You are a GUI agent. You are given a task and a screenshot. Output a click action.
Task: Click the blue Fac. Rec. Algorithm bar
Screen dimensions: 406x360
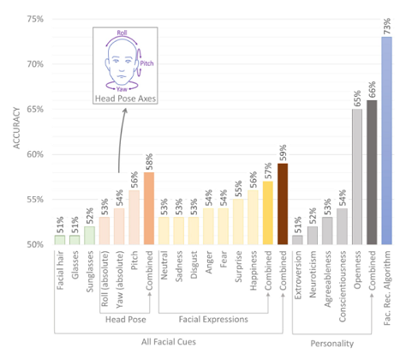[386, 141]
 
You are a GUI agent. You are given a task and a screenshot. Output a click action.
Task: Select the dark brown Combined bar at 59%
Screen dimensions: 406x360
[283, 204]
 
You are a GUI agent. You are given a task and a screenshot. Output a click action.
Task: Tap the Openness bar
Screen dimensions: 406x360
[357, 177]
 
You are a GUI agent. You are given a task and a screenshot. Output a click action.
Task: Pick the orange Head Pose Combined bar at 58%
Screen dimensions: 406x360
[149, 208]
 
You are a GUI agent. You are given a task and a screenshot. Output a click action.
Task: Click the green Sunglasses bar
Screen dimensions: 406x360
[90, 236]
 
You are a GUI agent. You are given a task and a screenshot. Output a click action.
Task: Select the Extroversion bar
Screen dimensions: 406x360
[297, 240]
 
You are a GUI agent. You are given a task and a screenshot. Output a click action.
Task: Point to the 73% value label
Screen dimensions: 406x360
[387, 26]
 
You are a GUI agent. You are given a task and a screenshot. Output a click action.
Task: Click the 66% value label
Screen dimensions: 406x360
[372, 90]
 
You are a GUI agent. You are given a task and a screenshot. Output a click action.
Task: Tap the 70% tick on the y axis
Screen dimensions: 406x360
[35, 64]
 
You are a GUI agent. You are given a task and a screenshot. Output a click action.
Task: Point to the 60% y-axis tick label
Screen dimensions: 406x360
[35, 154]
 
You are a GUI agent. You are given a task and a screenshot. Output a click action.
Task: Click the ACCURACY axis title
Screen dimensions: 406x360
[17, 128]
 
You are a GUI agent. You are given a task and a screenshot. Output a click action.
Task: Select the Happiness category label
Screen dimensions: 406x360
[254, 270]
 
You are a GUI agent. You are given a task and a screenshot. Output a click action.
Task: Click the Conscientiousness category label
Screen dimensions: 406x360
[343, 286]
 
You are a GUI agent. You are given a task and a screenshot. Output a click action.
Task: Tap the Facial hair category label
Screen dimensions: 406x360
[60, 270]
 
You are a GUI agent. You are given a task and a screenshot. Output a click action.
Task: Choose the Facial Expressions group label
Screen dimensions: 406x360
[213, 319]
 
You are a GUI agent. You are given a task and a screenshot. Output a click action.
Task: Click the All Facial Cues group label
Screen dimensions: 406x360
[169, 342]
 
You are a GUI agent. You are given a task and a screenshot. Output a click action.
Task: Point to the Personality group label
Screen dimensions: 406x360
[332, 344]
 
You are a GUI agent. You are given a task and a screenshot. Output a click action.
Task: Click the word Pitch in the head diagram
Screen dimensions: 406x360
[146, 63]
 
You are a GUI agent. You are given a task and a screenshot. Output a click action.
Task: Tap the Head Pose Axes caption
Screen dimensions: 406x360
[125, 99]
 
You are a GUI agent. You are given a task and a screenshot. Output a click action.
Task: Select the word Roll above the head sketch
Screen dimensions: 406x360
[122, 33]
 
